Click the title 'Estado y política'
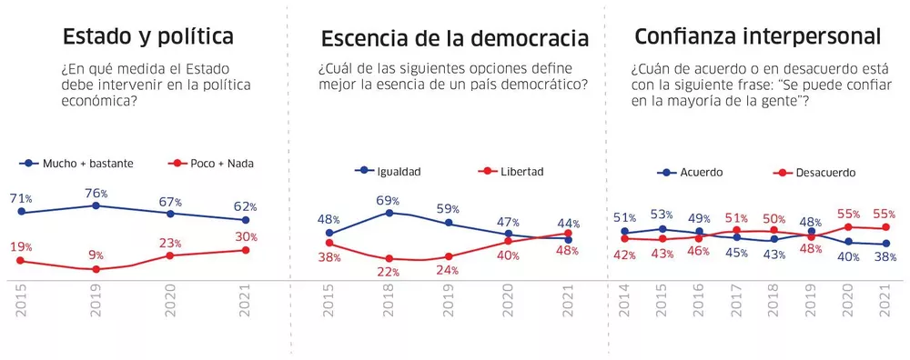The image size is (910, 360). [147, 37]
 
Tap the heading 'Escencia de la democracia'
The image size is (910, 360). [454, 40]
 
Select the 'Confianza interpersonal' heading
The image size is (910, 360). [757, 37]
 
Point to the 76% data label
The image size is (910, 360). [96, 194]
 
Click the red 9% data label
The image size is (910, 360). [96, 255]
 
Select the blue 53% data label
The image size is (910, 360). [662, 215]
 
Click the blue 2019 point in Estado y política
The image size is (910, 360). [96, 205]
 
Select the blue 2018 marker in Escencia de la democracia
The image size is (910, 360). [389, 212]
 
